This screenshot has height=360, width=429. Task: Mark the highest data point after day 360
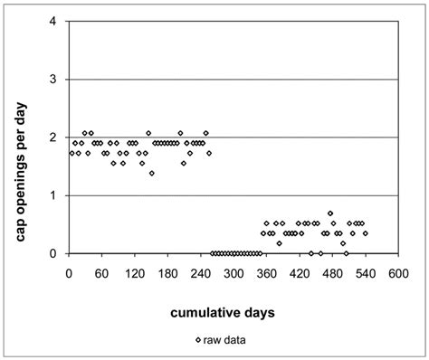(330, 213)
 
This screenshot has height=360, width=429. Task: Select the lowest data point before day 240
(151, 173)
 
